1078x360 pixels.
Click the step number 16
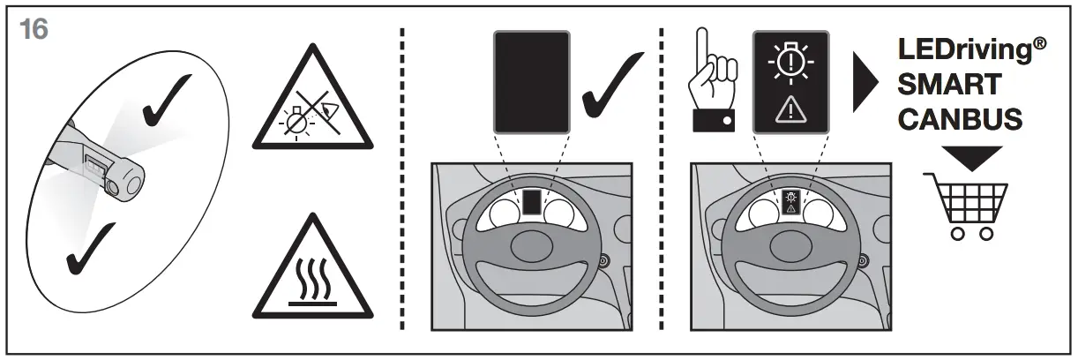34,29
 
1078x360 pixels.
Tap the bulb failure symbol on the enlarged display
790,64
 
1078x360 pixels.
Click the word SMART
948,85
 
